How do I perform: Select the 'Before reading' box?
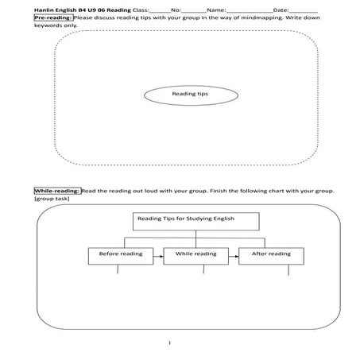click(x=117, y=254)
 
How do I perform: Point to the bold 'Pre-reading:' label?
click(x=52, y=16)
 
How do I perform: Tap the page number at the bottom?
click(x=169, y=343)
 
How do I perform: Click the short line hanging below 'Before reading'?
click(x=118, y=271)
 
